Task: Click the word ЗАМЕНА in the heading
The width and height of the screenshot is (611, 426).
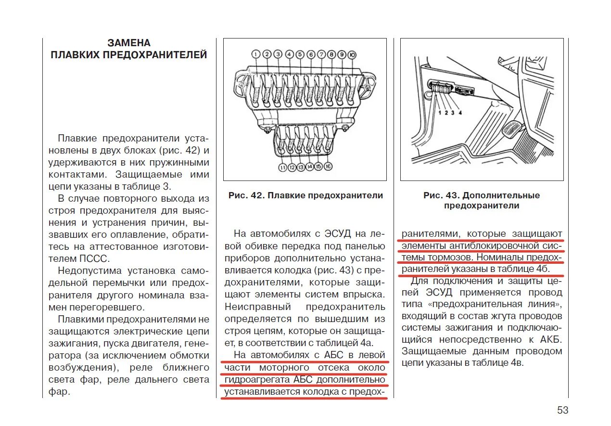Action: pos(129,43)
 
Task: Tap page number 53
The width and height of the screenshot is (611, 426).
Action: pos(563,410)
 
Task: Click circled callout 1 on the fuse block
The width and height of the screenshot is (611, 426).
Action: pos(255,54)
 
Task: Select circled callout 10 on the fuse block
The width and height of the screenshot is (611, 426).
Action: pos(352,54)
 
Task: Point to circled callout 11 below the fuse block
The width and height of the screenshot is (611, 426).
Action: pos(282,167)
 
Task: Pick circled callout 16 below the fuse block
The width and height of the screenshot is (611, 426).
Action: pos(328,167)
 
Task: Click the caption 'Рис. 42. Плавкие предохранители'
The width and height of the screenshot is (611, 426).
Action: pos(305,195)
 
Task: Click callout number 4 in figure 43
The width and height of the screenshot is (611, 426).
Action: pos(460,113)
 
